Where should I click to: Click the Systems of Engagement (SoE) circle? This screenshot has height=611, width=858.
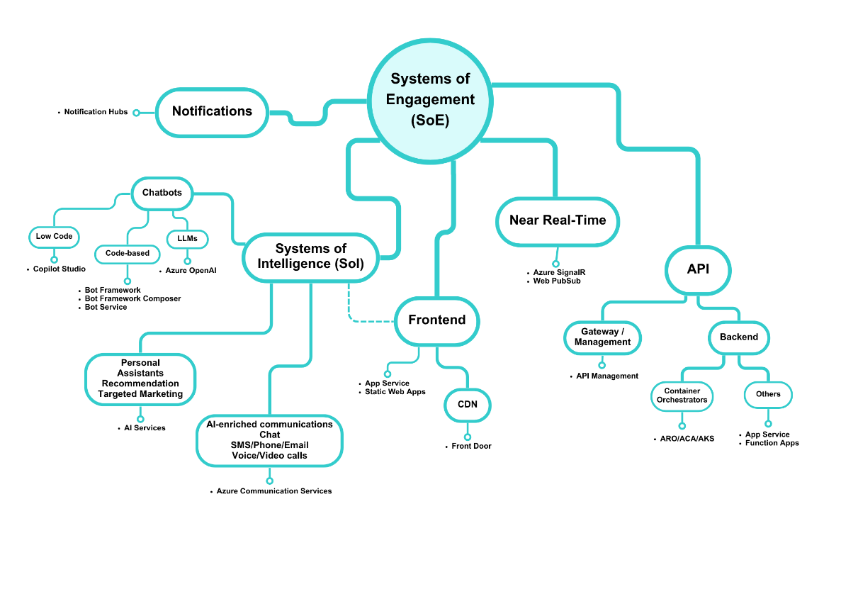(x=430, y=100)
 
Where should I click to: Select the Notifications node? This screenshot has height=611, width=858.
(x=212, y=112)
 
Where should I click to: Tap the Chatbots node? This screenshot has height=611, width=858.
(x=162, y=193)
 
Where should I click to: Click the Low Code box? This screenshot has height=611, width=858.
(x=55, y=237)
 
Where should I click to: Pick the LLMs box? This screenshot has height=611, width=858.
(x=188, y=239)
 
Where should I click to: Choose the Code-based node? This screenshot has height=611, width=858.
(x=128, y=254)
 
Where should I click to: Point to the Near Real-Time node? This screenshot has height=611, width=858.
(x=558, y=221)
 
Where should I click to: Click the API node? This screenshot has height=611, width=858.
(x=698, y=270)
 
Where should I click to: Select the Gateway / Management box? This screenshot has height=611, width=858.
(x=602, y=337)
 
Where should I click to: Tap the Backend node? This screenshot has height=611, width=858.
(x=739, y=337)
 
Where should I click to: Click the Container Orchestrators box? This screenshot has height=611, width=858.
(x=682, y=396)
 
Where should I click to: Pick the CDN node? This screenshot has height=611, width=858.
(x=467, y=405)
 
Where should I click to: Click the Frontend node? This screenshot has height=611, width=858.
(x=437, y=320)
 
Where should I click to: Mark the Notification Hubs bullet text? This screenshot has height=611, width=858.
(x=96, y=112)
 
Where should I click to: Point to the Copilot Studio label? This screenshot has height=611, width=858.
(x=60, y=269)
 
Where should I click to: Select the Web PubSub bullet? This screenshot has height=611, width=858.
(x=556, y=281)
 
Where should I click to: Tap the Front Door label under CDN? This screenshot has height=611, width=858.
(x=471, y=447)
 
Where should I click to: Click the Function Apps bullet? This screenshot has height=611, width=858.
(x=772, y=444)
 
